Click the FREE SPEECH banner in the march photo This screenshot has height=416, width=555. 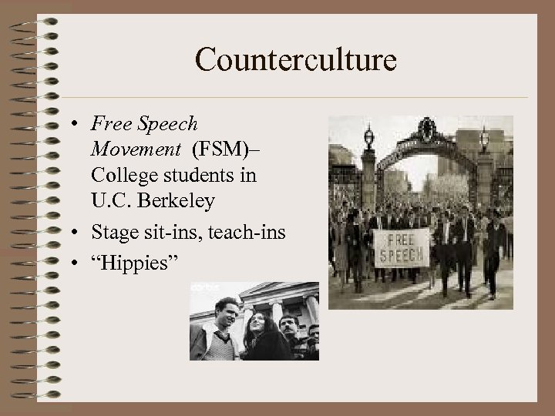400,247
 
